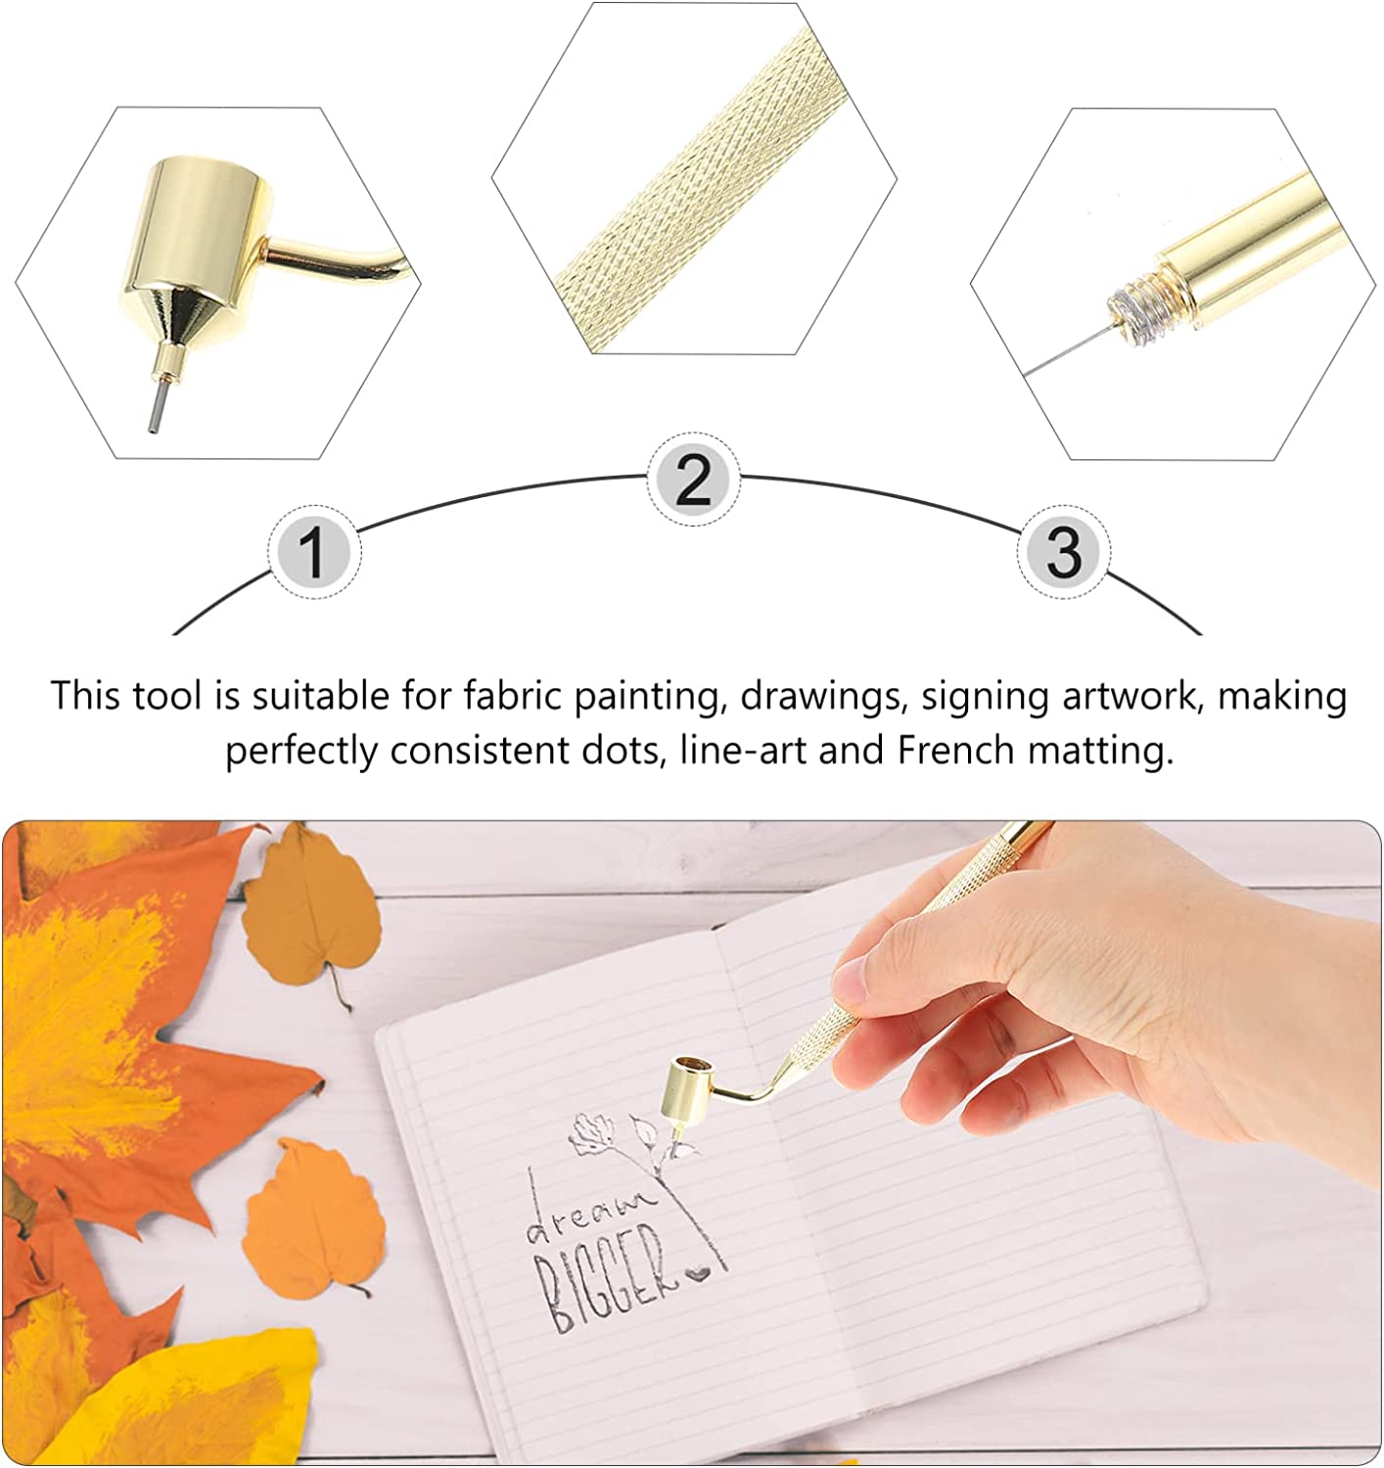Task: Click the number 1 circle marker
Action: point(314,552)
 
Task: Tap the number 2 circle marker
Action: point(693,480)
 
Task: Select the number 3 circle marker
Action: point(1064,552)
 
